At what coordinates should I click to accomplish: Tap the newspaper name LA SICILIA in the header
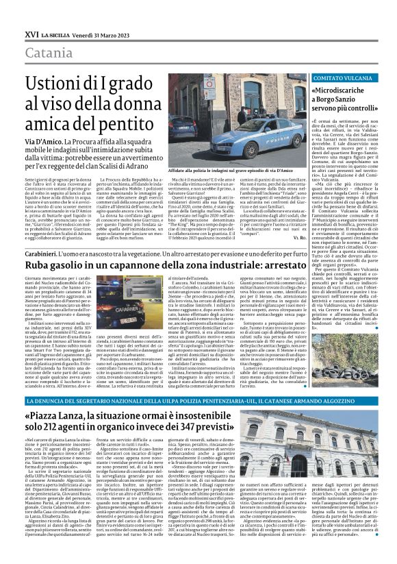point(55,34)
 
